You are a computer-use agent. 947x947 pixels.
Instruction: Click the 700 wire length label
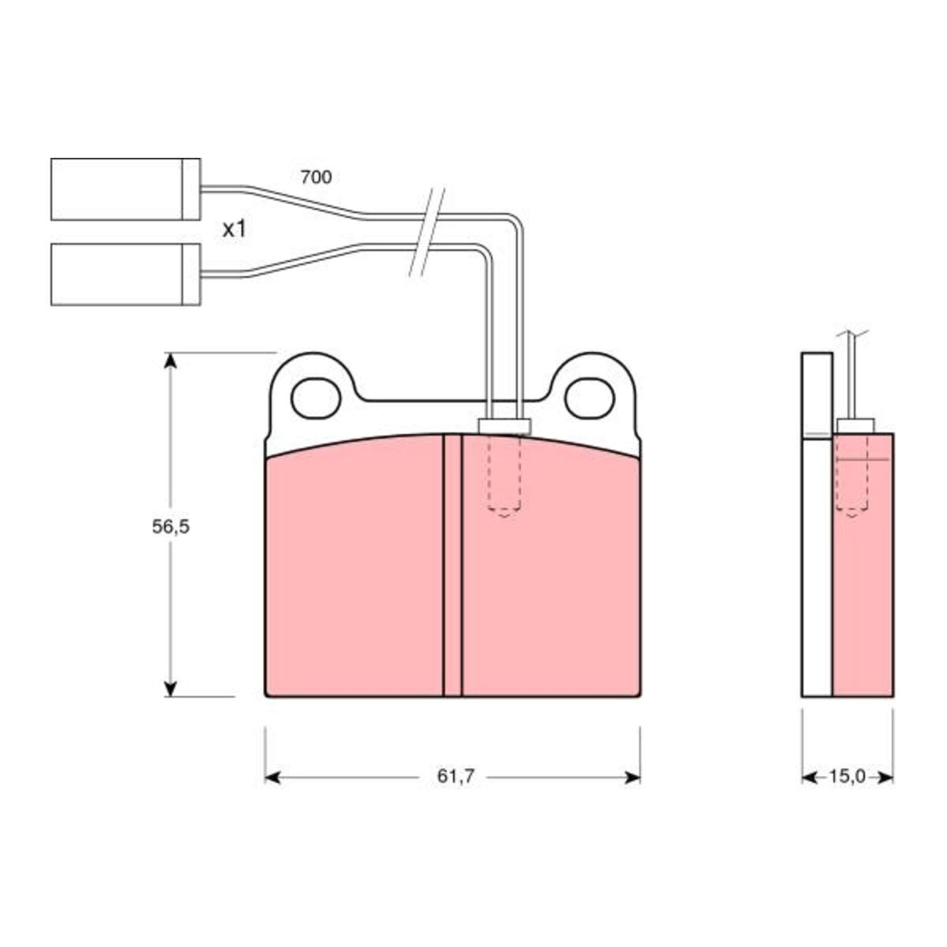coord(316,177)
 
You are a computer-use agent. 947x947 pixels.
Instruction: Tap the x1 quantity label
coord(234,229)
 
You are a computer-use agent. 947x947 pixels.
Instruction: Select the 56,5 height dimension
coord(170,527)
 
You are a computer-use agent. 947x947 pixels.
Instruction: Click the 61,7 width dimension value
coord(455,777)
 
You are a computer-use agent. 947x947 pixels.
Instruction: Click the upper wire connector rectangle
coord(125,189)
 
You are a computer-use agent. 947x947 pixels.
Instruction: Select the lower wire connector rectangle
coord(125,274)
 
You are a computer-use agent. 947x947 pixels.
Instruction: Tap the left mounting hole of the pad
coord(316,399)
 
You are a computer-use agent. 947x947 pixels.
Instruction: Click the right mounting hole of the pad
coord(590,399)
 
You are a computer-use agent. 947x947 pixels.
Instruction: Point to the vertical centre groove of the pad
coord(452,565)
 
